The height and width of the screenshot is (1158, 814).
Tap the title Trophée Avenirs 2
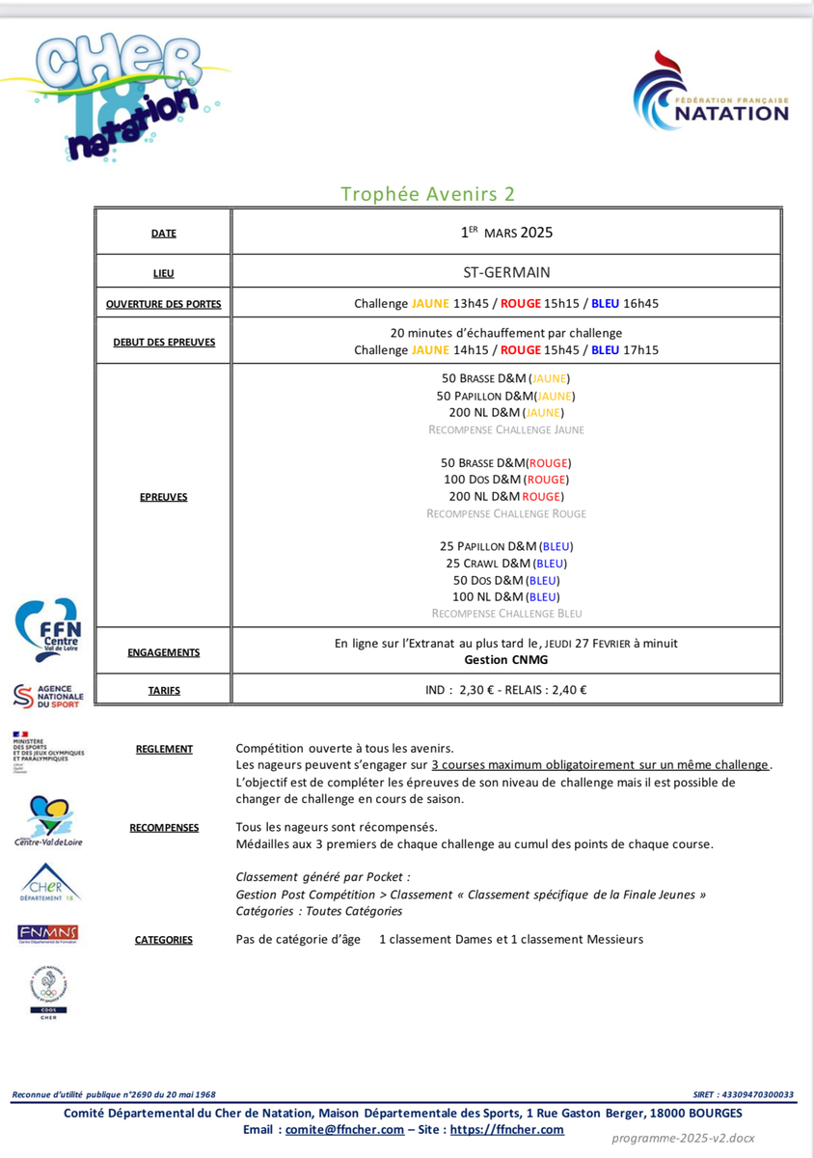pyautogui.click(x=427, y=194)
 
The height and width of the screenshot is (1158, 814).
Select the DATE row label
pyautogui.click(x=164, y=234)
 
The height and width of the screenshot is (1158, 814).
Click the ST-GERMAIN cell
pyautogui.click(x=506, y=272)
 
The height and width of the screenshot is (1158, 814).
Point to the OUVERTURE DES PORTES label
pyautogui.click(x=164, y=304)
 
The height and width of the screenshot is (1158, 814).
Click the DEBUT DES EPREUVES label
pyautogui.click(x=164, y=342)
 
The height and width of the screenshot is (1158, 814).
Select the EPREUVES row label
pyautogui.click(x=164, y=497)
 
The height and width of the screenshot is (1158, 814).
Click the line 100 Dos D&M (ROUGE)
pyautogui.click(x=506, y=480)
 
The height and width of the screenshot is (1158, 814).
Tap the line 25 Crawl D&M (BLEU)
pyautogui.click(x=506, y=564)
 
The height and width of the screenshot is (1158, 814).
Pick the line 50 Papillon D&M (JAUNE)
pyautogui.click(x=506, y=396)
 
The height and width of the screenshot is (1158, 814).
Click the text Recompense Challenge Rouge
pyautogui.click(x=506, y=513)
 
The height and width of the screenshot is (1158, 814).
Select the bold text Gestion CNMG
pyautogui.click(x=506, y=660)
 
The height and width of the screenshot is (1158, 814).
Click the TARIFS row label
pyautogui.click(x=164, y=690)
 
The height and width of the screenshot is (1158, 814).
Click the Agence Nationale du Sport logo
pyautogui.click(x=48, y=695)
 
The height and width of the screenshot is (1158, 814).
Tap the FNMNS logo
pyautogui.click(x=48, y=933)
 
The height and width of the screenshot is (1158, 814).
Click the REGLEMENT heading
pyautogui.click(x=164, y=749)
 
